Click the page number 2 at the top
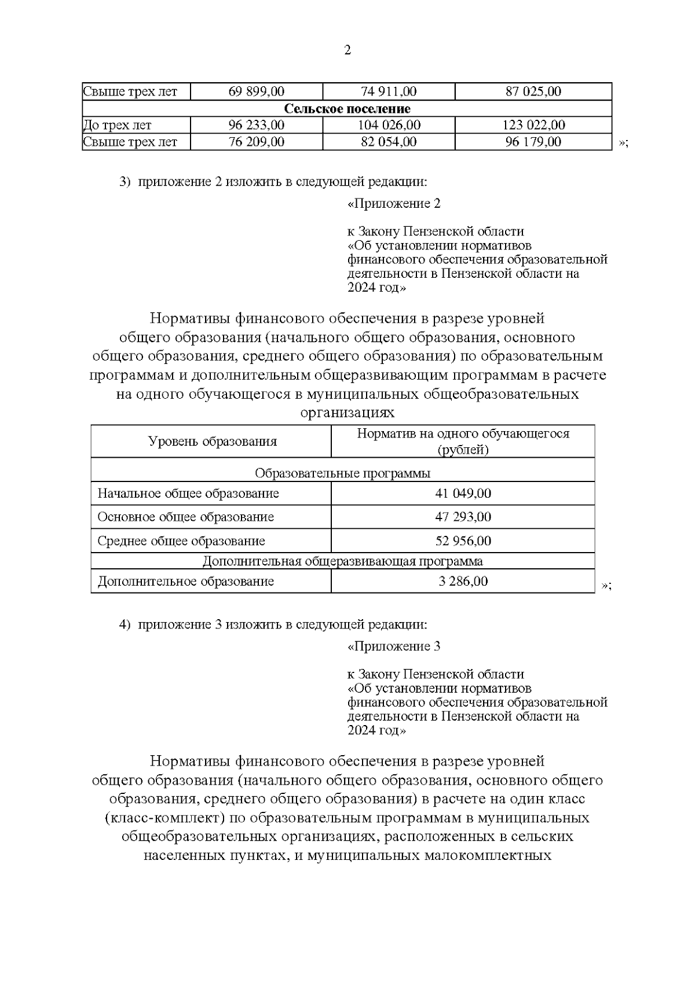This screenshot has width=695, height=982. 348,50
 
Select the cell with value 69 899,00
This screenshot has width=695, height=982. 257,91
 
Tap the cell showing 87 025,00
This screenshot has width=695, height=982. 533,91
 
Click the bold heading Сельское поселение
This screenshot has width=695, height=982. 347,109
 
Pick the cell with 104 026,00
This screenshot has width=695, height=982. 389,125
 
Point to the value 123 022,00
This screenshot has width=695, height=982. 533,125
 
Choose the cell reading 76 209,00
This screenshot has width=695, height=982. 257,142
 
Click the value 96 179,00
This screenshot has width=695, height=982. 533,142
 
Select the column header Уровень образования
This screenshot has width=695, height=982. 212,442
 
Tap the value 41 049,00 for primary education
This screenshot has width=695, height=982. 463,494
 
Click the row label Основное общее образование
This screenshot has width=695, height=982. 185,517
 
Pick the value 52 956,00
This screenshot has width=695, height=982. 463,541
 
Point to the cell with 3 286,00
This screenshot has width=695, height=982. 463,581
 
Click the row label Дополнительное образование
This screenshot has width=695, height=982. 185,581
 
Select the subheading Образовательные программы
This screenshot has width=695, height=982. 342,473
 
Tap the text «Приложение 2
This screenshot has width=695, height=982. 394,204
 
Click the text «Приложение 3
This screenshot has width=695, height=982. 394,646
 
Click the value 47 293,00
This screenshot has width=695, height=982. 463,517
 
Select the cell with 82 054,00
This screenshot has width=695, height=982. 389,142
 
